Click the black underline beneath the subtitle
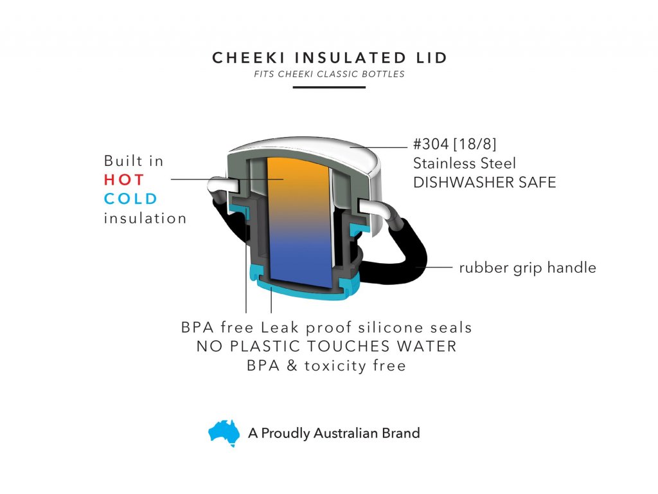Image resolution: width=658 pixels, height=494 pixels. point(329,87)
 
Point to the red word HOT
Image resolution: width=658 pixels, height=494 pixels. point(124,180)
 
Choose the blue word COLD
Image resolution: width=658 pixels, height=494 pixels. point(130,199)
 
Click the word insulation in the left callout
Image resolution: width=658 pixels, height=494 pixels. point(145,219)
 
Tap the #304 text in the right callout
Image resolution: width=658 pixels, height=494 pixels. point(431,144)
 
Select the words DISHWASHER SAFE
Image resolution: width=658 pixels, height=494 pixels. point(485,182)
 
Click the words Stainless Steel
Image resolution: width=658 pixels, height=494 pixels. point(465,163)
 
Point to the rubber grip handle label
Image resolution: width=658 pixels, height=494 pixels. point(528,268)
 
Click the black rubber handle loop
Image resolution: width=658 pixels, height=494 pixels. point(413,252)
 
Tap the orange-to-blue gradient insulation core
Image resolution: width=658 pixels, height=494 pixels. point(300,223)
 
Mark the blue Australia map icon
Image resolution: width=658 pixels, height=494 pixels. point(224,433)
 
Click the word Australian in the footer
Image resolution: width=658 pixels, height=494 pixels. point(346,433)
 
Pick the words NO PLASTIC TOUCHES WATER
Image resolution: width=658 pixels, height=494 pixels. point(326,346)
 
